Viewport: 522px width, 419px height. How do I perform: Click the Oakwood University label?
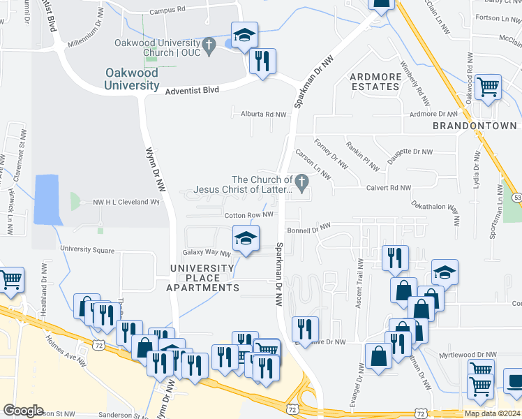[x=133, y=79]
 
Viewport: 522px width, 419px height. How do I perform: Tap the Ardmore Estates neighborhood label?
[x=375, y=82]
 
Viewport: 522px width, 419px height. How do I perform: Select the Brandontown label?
[x=475, y=126]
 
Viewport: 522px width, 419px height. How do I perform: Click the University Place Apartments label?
[x=202, y=278]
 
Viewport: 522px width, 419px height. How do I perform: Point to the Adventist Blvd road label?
[x=192, y=90]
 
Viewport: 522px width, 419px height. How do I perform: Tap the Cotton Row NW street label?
[x=248, y=215]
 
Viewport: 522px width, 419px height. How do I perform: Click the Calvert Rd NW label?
[x=389, y=187]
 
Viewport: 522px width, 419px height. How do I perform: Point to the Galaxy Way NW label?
[x=207, y=253]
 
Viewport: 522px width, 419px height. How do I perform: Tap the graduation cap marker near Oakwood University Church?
[x=244, y=35]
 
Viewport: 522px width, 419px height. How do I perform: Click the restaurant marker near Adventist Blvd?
[x=263, y=62]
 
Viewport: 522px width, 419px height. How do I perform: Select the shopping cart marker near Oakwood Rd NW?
[x=488, y=88]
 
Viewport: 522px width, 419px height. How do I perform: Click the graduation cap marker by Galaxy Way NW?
[x=246, y=238]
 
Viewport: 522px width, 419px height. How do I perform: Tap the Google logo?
[x=23, y=411]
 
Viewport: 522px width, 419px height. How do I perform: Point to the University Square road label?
[x=87, y=249]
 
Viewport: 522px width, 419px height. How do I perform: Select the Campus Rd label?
[x=167, y=10]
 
